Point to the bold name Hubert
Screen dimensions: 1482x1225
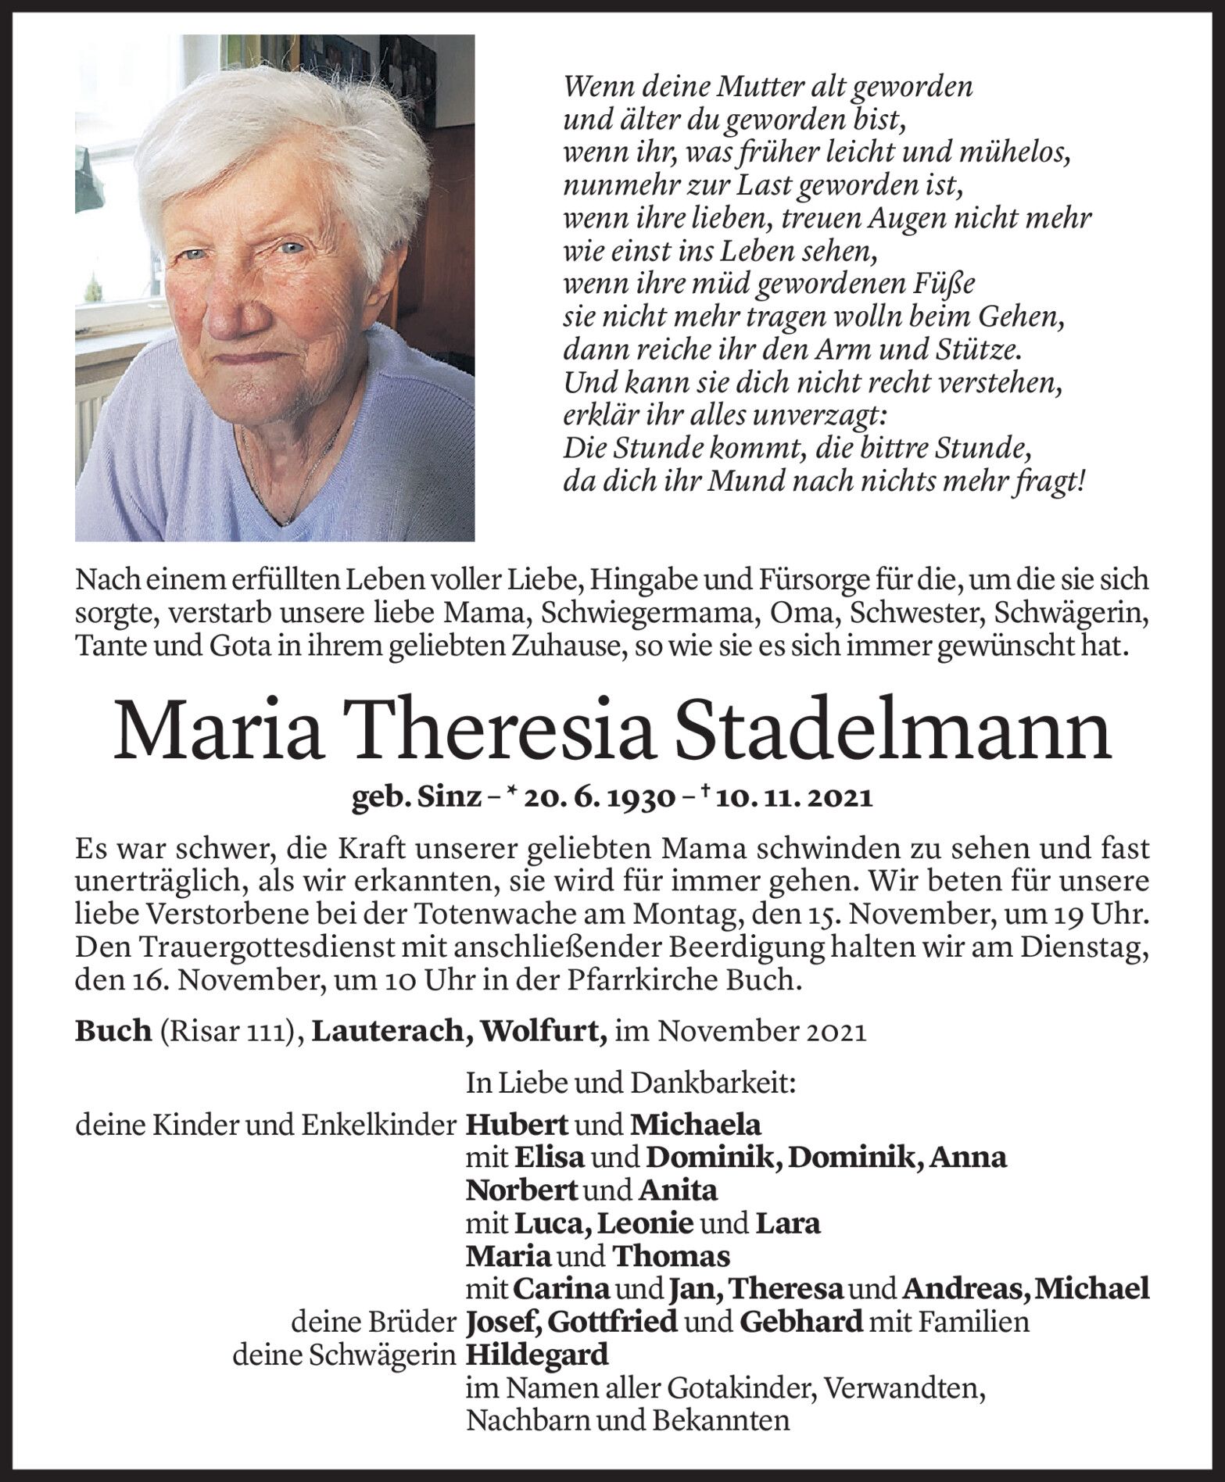(x=517, y=1125)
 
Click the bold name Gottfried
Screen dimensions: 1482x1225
(x=612, y=1322)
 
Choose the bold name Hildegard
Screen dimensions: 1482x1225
(x=537, y=1354)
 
